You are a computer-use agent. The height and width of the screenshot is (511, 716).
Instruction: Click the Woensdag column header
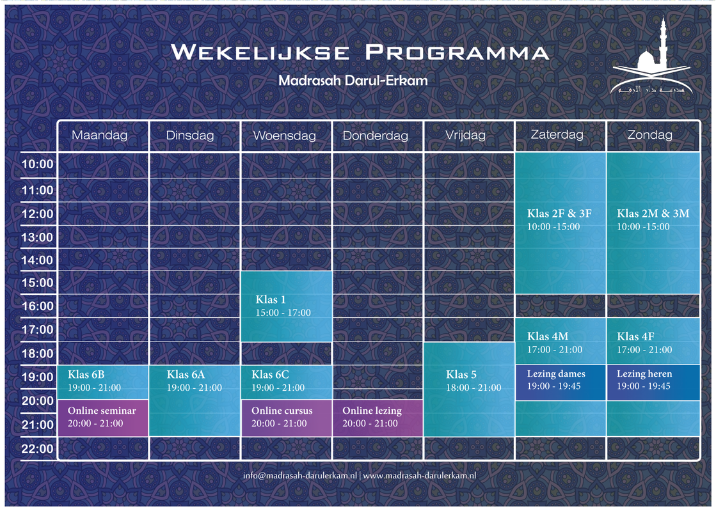click(x=285, y=136)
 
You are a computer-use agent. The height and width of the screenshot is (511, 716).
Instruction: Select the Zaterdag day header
click(x=557, y=134)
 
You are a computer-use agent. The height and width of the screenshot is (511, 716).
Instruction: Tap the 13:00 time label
click(x=38, y=237)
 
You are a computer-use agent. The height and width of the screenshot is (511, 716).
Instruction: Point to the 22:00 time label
click(x=38, y=448)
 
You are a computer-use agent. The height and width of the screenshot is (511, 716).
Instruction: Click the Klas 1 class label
click(x=270, y=300)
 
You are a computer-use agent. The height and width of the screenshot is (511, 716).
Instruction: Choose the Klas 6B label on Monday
click(x=86, y=375)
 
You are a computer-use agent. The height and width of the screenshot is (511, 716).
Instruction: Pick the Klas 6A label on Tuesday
click(x=186, y=375)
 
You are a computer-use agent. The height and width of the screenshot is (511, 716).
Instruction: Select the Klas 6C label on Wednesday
click(x=270, y=375)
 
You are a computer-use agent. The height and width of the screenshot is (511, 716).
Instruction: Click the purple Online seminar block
click(x=103, y=418)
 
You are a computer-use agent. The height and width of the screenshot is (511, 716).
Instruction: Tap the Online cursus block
click(x=286, y=418)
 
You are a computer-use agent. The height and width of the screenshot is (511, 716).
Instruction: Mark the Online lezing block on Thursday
click(x=378, y=418)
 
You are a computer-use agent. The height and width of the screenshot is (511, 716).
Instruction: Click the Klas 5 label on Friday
click(x=461, y=375)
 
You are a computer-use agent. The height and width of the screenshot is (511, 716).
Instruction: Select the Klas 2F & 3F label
click(x=559, y=214)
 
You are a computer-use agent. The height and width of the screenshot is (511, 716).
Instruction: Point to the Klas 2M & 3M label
click(x=653, y=214)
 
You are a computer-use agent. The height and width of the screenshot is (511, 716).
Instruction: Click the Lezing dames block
click(x=561, y=382)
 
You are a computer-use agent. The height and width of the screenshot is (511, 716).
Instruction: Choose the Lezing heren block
click(x=653, y=382)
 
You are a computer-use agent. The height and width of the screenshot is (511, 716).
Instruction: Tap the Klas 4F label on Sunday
click(x=635, y=336)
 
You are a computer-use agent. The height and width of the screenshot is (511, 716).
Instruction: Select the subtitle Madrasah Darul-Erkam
click(x=353, y=81)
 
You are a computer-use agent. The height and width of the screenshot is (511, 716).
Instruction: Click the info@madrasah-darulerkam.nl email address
click(x=299, y=475)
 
